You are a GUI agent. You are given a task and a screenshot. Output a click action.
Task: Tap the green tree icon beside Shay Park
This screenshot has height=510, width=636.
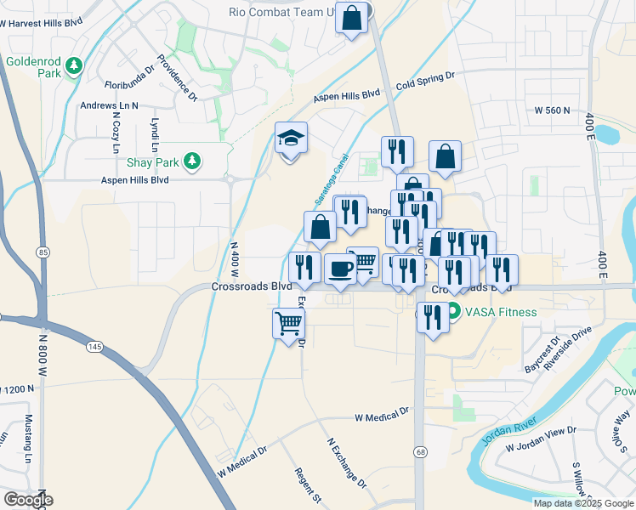tap(193, 161)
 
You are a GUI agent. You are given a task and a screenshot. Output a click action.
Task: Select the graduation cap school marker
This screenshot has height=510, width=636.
tap(291, 139)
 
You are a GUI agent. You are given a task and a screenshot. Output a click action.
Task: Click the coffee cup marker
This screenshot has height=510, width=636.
tap(340, 269)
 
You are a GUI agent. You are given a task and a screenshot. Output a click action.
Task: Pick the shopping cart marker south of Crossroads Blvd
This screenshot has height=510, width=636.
tap(288, 323)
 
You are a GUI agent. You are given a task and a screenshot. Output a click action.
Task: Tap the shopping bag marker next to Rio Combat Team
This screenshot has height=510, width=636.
tap(352, 18)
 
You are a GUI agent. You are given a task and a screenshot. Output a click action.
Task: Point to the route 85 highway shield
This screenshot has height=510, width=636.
tap(43, 252)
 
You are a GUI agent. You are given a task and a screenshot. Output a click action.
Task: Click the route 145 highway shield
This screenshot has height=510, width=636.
tap(95, 345)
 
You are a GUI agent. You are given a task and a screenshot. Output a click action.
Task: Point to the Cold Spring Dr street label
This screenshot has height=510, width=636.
tap(425, 82)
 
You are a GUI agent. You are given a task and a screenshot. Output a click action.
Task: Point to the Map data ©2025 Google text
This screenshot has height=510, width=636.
tap(582, 503)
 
